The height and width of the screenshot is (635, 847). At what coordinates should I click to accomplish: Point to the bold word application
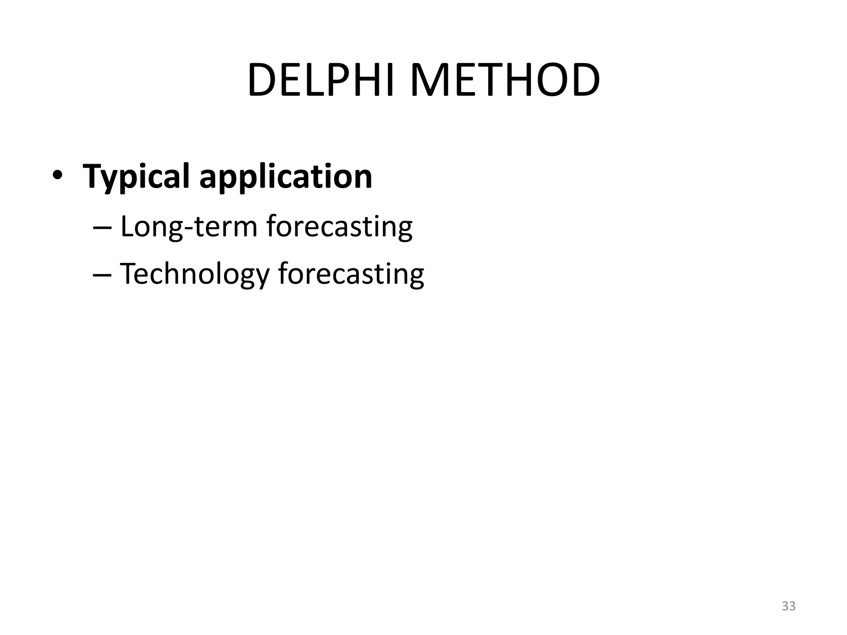click(x=285, y=177)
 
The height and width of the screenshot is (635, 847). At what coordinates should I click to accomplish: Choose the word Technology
click(x=194, y=275)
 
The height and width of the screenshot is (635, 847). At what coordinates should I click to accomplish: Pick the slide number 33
click(x=789, y=606)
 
